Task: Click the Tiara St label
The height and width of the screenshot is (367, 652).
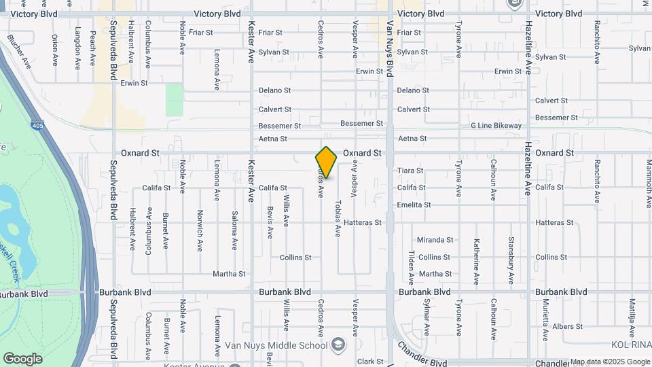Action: pos(410,171)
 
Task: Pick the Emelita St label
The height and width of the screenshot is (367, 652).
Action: pos(414,205)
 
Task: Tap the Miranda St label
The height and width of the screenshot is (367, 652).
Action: pos(435,240)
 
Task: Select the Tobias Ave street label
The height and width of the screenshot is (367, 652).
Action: pos(338,217)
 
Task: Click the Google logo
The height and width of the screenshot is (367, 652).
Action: pos(22,359)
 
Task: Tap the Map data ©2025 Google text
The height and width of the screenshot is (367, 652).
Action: pos(609,362)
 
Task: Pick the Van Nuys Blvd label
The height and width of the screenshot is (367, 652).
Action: pos(390,48)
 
